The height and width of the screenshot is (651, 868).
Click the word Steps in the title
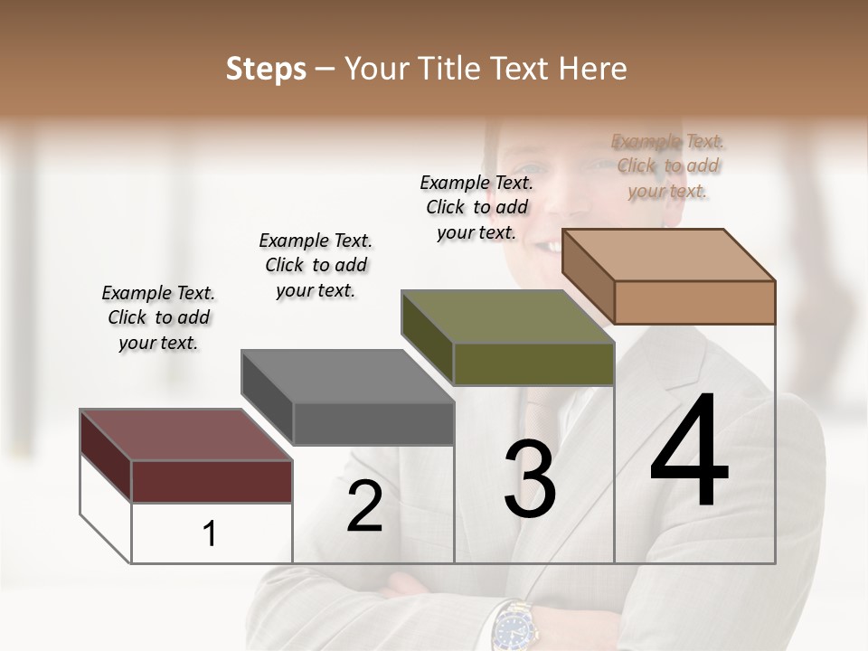click(x=266, y=69)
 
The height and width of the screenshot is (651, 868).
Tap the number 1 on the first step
click(x=210, y=534)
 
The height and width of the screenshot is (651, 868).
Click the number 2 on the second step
click(x=364, y=506)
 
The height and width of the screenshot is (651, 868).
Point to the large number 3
click(x=530, y=479)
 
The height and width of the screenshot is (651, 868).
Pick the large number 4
click(x=690, y=452)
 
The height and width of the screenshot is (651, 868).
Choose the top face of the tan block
click(x=669, y=255)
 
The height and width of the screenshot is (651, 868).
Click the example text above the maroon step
click(x=158, y=317)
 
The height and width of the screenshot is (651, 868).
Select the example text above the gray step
click(x=316, y=265)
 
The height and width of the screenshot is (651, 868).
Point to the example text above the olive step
click(x=476, y=207)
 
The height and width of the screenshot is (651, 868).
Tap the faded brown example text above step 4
click(x=668, y=165)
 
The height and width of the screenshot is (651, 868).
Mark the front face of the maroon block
click(x=212, y=481)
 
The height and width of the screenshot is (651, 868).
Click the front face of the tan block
click(x=694, y=302)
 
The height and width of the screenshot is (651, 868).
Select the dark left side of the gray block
click(x=267, y=398)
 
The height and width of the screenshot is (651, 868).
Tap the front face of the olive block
click(x=533, y=363)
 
